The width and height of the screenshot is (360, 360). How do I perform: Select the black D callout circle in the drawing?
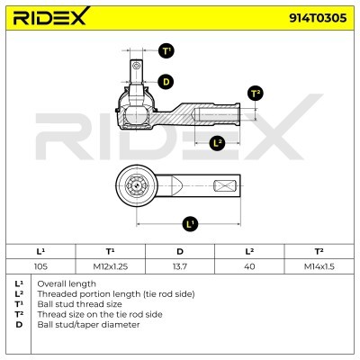pos(165,82)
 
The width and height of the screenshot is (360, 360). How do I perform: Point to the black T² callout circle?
pos(255,94)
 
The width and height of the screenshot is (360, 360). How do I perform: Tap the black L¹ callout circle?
pos(189,222)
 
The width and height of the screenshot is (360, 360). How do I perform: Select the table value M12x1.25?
pos(109,265)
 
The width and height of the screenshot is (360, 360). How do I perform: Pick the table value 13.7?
pos(180,265)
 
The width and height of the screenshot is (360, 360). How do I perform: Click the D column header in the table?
pos(180,252)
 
